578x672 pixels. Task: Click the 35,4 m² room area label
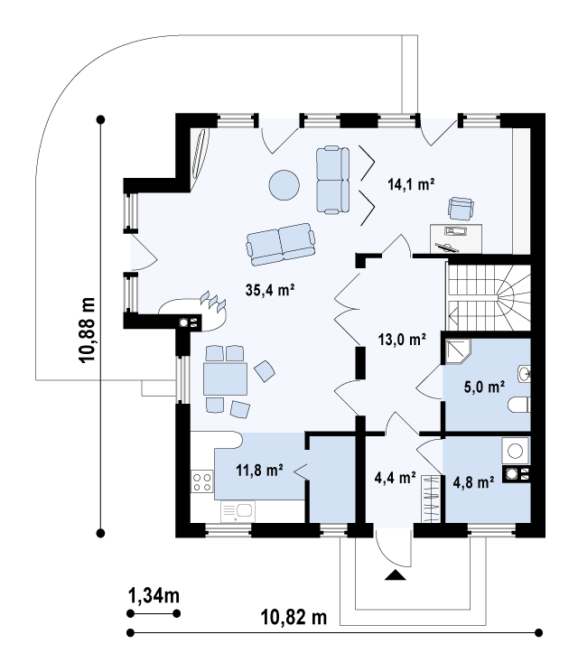[269, 290]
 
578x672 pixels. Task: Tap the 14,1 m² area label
[411, 184]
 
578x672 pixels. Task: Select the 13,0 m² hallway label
[402, 340]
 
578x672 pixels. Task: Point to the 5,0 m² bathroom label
[484, 387]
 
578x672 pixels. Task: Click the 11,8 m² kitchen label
[259, 471]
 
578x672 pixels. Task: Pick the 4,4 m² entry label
[395, 477]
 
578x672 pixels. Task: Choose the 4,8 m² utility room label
[473, 482]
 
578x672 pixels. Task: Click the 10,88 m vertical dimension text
[87, 330]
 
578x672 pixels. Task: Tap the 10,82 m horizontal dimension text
[294, 618]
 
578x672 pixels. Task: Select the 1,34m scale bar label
[154, 595]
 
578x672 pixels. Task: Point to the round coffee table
[284, 185]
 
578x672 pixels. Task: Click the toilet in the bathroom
[519, 405]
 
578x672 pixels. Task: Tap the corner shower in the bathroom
[457, 351]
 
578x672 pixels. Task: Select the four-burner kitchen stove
[201, 481]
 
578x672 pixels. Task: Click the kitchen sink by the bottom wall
[238, 511]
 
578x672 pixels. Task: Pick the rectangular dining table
[226, 378]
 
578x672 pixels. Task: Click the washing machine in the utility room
[515, 451]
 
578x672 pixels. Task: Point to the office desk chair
[461, 209]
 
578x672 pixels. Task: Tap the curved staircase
[489, 298]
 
